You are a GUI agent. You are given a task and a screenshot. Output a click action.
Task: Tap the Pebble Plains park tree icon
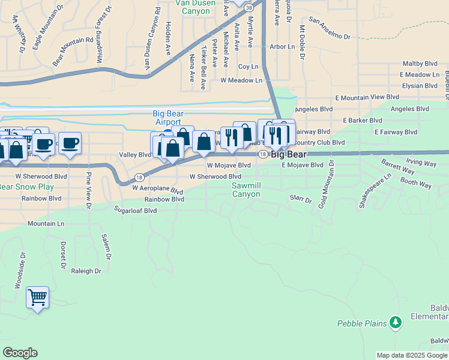(x=395, y=323)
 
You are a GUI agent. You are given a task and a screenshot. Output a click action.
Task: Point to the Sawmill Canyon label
(x=246, y=190)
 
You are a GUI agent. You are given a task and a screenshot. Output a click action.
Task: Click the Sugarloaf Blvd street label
(x=135, y=211)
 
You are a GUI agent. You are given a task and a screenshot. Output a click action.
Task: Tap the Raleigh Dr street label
(x=86, y=271)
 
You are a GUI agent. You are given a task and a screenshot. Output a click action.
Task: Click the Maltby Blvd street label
(x=420, y=63)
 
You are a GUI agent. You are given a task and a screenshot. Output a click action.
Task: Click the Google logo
(x=20, y=353)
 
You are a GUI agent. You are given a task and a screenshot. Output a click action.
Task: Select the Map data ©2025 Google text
(x=411, y=355)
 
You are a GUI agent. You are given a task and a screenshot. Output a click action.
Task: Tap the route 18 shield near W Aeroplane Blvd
(x=139, y=177)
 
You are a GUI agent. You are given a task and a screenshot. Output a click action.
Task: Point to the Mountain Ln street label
(x=46, y=223)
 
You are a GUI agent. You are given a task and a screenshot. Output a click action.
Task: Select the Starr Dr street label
(x=301, y=199)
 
